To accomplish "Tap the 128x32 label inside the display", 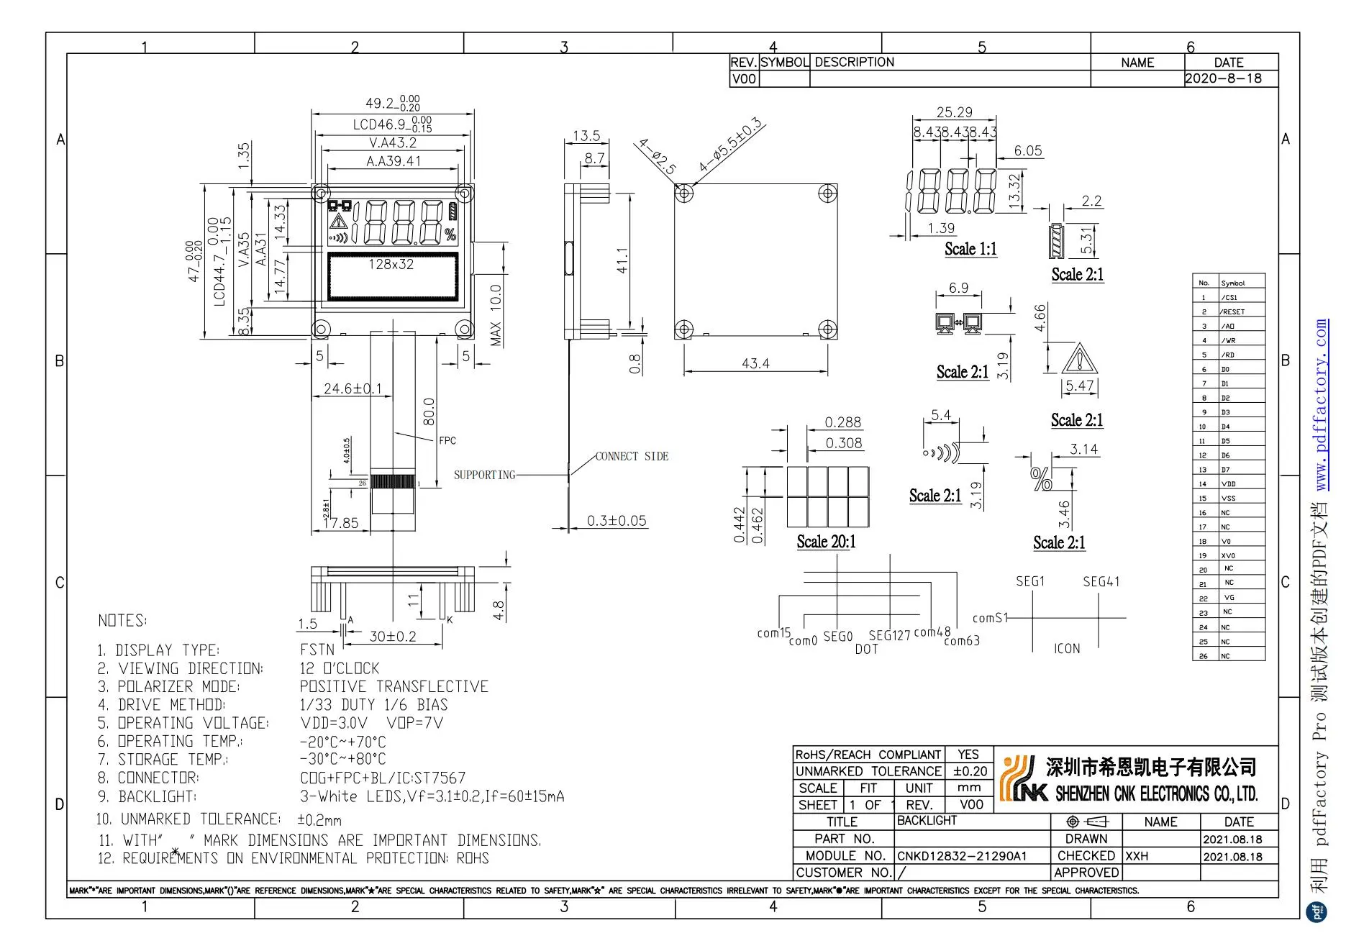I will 391,264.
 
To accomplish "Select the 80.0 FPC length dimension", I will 429,411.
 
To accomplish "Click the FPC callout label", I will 447,440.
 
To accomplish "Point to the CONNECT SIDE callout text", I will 632,456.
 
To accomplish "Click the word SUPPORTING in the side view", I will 484,475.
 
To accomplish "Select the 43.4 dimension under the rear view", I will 755,364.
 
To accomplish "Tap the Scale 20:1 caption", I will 826,542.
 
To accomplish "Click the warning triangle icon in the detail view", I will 1078,359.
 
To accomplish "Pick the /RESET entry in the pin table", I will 1232,311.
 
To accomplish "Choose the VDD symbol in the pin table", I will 1228,484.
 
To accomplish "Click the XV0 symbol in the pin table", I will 1228,555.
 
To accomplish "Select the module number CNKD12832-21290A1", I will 961,856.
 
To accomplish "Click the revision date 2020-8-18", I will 1224,78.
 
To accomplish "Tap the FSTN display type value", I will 317,650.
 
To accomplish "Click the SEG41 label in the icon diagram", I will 1101,581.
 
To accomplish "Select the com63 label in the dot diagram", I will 962,640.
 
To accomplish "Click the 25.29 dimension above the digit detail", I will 954,112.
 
